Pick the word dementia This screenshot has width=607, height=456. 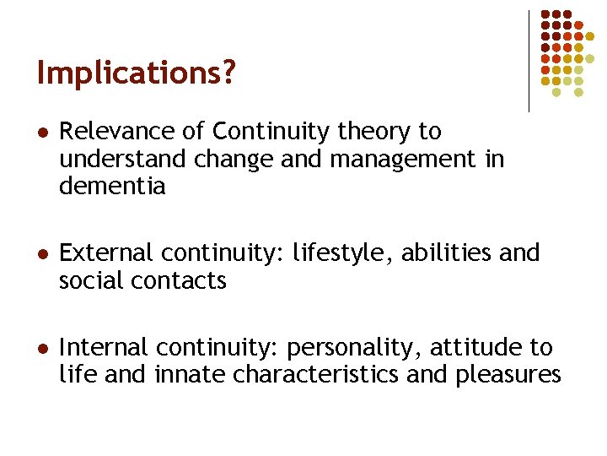(112, 187)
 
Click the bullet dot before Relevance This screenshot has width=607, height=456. (40, 133)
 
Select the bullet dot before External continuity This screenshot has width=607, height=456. (40, 254)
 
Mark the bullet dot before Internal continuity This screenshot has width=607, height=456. (40, 348)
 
